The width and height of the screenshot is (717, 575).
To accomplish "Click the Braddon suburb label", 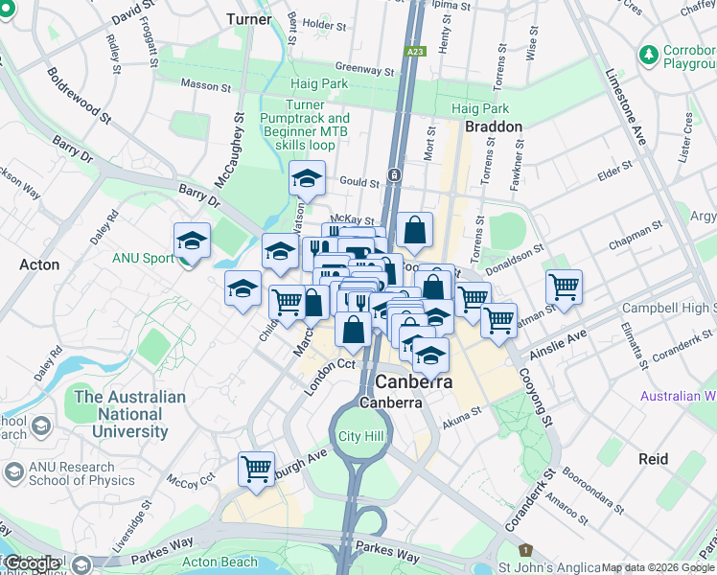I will tap(493, 126).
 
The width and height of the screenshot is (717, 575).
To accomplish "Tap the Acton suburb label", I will tap(39, 264).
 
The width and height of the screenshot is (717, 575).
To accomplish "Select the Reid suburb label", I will tap(653, 459).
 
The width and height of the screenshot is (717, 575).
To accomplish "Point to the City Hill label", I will tap(360, 437).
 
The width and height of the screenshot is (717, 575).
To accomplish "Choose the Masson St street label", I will tap(206, 85).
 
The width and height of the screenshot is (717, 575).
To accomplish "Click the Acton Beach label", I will tap(220, 563).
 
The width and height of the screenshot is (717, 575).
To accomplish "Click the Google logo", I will tap(32, 564).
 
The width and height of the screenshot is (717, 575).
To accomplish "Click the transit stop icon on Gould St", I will tap(394, 175).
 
